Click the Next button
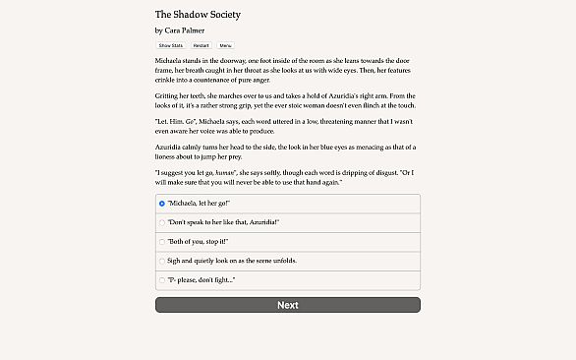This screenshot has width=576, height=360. (287, 305)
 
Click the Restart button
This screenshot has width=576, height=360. (201, 45)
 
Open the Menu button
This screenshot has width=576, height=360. (226, 45)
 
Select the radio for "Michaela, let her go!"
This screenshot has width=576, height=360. (162, 204)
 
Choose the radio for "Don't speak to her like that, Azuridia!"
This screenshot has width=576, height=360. (162, 222)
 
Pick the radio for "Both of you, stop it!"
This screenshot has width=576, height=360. (162, 241)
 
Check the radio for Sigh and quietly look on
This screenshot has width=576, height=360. (162, 261)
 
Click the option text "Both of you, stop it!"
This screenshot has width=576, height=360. (197, 241)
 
